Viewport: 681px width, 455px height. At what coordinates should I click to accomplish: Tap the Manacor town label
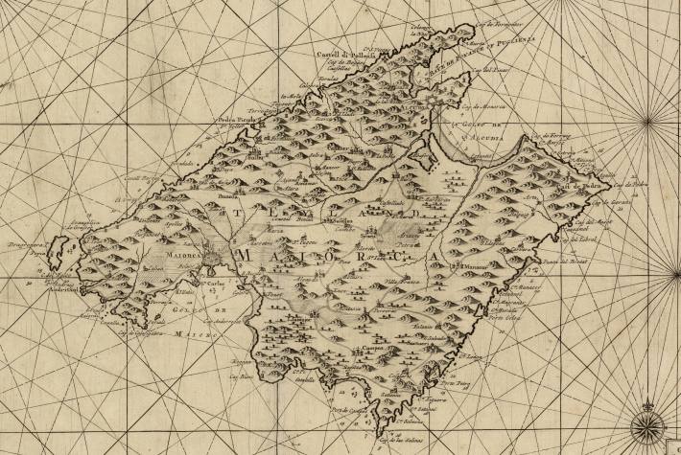click(x=475, y=264)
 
